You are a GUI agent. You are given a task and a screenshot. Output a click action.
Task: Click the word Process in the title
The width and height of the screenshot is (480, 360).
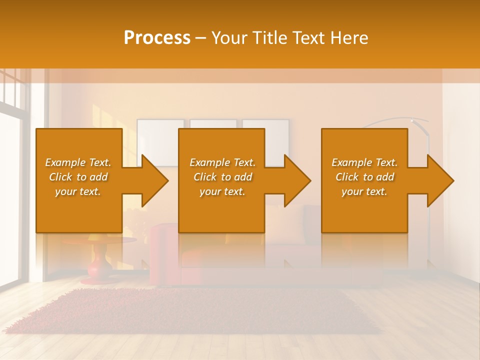[157, 38]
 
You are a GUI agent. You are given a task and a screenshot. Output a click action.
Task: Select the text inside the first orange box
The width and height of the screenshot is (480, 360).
[78, 177]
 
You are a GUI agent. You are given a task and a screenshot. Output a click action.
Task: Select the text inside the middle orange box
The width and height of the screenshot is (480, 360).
[222, 177]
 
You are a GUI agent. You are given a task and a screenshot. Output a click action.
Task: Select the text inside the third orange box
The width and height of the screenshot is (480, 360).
[364, 177]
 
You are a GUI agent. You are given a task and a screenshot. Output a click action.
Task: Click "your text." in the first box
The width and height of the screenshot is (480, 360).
[78, 191]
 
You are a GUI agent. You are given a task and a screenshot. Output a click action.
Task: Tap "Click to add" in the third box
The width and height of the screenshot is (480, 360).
[364, 177]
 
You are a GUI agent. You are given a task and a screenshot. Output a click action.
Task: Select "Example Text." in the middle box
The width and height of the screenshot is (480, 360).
[222, 162]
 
